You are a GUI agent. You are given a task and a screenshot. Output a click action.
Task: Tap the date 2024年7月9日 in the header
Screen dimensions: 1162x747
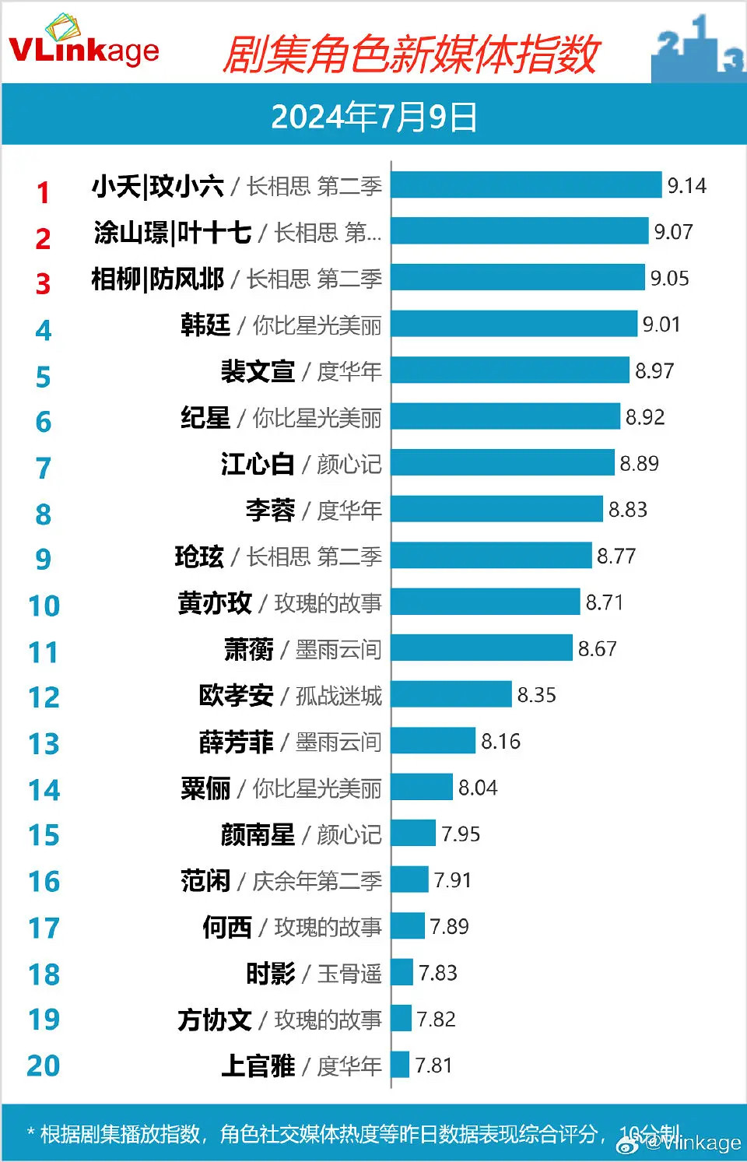373,117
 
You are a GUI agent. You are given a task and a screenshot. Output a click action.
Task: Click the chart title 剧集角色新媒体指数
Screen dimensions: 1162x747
410,54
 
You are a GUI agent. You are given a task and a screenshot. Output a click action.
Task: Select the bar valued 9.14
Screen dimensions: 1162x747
526,185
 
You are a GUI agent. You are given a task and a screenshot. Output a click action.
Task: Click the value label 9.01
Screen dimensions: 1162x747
661,324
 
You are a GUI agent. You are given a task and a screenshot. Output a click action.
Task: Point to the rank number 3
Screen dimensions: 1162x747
44,283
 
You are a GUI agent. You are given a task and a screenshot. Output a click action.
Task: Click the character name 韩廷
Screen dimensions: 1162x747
205,325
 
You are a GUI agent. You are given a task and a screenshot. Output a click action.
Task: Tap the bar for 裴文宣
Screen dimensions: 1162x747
510,370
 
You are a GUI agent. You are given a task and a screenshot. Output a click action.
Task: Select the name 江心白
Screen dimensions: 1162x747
258,464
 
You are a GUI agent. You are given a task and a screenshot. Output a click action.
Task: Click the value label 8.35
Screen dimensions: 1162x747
537,695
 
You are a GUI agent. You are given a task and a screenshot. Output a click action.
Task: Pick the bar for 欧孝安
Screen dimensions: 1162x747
451,695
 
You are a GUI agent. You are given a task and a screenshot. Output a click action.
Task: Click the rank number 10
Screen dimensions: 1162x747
44,606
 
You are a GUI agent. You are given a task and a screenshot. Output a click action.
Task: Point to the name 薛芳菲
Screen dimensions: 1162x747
236,742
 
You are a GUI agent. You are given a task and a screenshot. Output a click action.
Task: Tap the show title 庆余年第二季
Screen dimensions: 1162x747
317,881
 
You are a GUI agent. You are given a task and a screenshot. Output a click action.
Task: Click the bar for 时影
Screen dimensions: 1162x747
402,972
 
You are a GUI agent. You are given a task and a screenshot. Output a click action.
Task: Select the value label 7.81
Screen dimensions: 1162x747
433,1065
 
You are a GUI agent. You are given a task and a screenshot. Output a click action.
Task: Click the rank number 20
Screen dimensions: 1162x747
44,1065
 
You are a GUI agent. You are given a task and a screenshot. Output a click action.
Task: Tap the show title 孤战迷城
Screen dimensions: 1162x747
339,696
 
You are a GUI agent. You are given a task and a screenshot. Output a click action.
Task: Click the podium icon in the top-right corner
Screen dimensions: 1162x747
698,48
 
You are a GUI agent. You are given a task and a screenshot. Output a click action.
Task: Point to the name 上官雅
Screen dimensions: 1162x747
258,1065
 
